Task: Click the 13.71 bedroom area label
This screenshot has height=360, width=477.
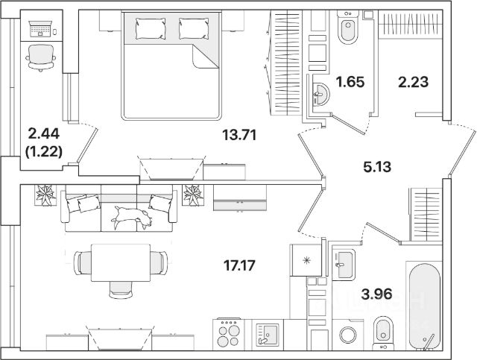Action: pos(240,135)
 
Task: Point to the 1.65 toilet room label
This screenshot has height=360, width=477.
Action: pos(349,83)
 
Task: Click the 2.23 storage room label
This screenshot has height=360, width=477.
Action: pos(413,83)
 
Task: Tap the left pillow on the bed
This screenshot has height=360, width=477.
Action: pos(154,28)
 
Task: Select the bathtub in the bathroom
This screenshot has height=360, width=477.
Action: pos(425,304)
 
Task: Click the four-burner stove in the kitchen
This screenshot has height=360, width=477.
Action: pos(230,332)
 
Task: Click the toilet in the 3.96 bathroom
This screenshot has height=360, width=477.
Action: pos(382,331)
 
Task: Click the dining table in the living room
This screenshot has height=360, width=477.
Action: pos(119,262)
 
